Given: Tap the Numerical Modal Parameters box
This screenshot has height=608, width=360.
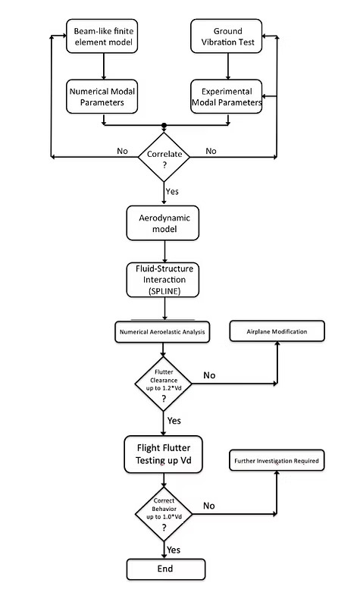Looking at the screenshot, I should pos(103,96).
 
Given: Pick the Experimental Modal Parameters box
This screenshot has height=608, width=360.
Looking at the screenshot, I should pos(226,96).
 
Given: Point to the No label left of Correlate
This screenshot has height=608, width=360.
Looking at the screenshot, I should pos(123,151).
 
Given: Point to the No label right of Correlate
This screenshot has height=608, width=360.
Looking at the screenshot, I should pos(211,151).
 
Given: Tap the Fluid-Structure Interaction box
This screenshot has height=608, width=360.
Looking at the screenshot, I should pos(164,279).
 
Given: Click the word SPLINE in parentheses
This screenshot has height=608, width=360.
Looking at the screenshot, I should pos(164,291).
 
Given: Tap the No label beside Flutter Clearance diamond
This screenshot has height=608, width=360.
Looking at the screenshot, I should pos(209,375).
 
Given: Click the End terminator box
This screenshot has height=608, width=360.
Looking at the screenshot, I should pos(164,568).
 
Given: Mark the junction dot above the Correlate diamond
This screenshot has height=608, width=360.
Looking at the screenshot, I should pos(164,125).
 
